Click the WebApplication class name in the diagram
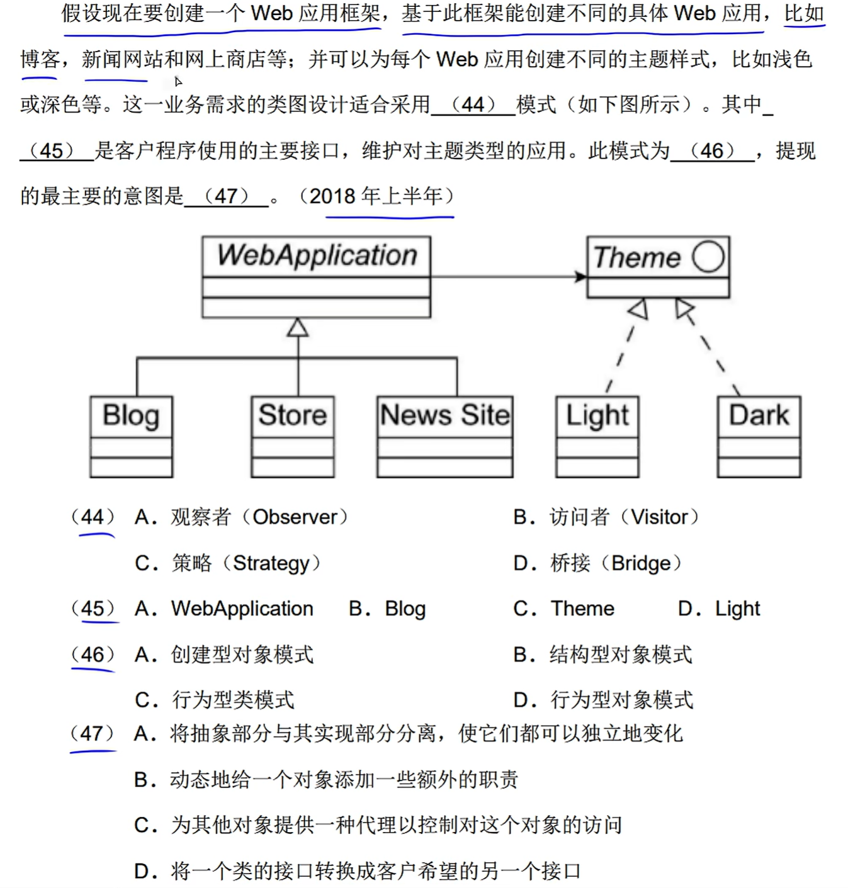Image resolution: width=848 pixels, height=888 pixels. tap(317, 256)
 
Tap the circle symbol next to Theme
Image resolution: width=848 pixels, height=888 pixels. tap(708, 257)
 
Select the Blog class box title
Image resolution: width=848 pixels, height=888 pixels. tap(131, 416)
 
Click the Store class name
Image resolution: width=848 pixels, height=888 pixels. tap(293, 415)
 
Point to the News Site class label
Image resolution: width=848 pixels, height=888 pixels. tap(444, 415)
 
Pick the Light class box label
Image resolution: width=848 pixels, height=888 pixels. tap(597, 416)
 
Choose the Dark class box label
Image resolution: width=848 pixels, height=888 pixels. tap(759, 415)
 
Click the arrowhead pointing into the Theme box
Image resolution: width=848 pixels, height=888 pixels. tap(580, 276)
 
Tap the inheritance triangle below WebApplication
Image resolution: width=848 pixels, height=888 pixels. tap(298, 328)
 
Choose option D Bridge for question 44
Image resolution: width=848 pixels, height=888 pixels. tap(597, 563)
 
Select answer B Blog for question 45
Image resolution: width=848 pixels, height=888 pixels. tap(387, 609)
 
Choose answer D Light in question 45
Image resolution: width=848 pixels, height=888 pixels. tap(719, 609)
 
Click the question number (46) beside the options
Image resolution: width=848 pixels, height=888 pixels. tap(93, 655)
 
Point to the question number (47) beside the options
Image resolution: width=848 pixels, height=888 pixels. tap(93, 733)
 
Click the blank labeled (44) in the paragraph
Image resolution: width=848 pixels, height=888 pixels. tap(473, 104)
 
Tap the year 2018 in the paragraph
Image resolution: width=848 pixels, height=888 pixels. tap(332, 196)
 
